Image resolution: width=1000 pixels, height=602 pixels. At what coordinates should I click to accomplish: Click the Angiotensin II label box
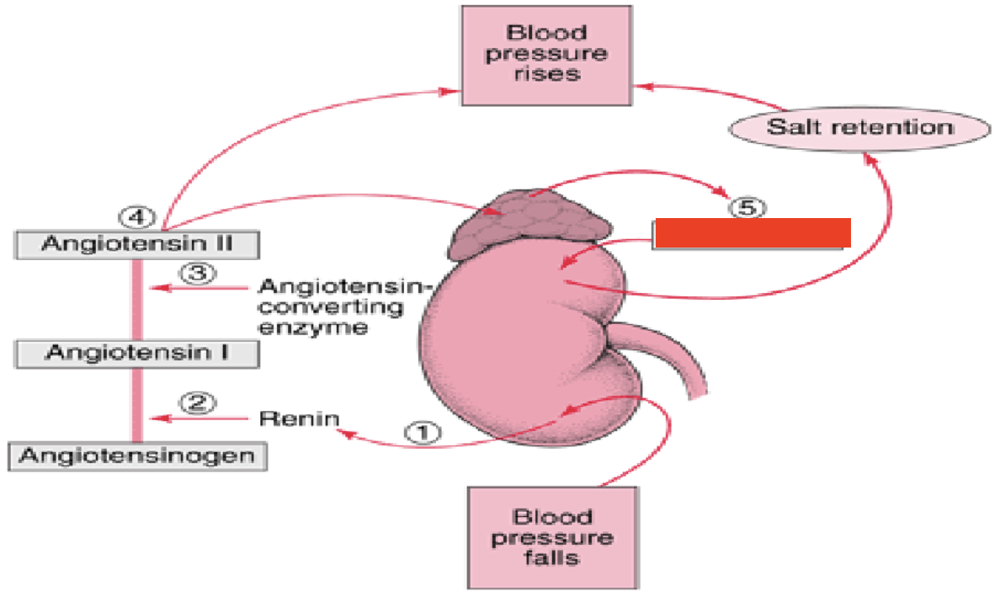pyautogui.click(x=137, y=245)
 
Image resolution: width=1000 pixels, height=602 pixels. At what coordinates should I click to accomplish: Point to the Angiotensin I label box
pyautogui.click(x=137, y=351)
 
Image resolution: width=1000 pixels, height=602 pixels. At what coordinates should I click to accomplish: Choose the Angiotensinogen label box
pyautogui.click(x=137, y=456)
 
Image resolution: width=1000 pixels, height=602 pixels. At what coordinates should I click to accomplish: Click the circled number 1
pyautogui.click(x=423, y=432)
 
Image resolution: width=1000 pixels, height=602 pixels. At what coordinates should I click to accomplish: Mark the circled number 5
pyautogui.click(x=743, y=207)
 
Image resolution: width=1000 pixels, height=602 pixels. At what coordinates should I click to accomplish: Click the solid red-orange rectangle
pyautogui.click(x=753, y=233)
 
